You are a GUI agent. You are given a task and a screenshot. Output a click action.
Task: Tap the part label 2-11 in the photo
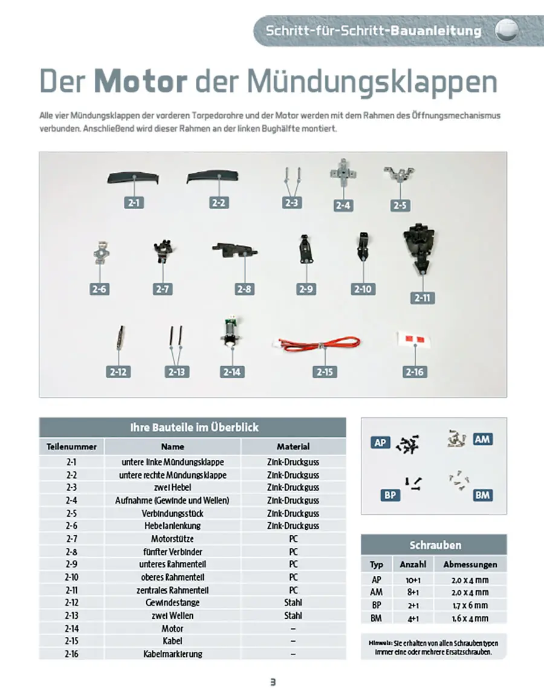tap(422, 298)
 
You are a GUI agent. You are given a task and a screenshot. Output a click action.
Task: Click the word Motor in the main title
tap(139, 82)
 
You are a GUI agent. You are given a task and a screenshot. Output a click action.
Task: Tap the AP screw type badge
tap(380, 443)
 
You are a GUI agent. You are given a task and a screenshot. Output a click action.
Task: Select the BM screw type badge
tap(482, 495)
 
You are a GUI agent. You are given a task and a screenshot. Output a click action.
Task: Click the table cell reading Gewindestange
tap(172, 602)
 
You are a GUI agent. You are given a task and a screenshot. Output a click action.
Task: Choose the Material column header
tap(293, 447)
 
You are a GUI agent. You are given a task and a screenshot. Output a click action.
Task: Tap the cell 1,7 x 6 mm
tap(470, 605)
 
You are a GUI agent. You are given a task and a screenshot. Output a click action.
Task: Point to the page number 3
tap(273, 682)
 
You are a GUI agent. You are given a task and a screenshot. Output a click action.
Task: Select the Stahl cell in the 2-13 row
tap(293, 616)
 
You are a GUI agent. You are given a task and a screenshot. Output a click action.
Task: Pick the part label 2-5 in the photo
tap(400, 205)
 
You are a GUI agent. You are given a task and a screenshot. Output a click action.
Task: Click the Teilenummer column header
tap(71, 447)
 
